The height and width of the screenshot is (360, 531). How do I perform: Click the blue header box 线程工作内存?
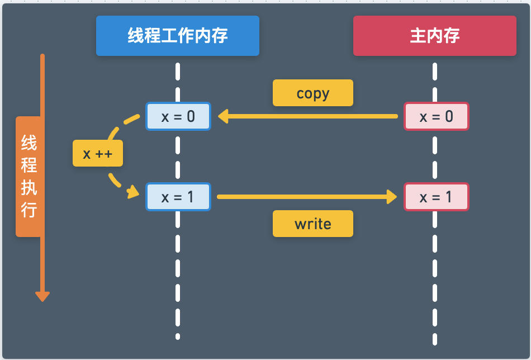[178, 36]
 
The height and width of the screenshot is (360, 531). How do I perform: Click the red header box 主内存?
[434, 36]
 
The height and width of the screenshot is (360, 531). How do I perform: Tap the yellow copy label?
[312, 93]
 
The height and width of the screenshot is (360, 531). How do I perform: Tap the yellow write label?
[312, 224]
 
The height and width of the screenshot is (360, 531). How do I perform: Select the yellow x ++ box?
[98, 153]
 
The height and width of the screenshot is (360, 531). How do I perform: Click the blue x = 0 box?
[178, 116]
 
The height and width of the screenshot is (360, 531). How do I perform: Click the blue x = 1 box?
[178, 197]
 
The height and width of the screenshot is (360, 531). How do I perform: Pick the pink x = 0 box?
[436, 116]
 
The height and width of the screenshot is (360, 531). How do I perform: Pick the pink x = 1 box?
[436, 197]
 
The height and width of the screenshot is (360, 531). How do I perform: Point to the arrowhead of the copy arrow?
[223, 116]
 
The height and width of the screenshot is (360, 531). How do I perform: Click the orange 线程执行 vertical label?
[29, 177]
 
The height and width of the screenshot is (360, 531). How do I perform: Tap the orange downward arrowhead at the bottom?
[42, 296]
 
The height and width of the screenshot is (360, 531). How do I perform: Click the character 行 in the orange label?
[29, 210]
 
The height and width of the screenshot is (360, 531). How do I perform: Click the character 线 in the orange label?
[29, 143]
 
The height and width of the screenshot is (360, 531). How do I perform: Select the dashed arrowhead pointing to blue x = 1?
[133, 193]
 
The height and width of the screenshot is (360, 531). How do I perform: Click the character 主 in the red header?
[418, 36]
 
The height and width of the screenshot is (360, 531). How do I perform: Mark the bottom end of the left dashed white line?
[178, 336]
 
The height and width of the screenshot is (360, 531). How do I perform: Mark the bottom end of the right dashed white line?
[434, 342]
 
